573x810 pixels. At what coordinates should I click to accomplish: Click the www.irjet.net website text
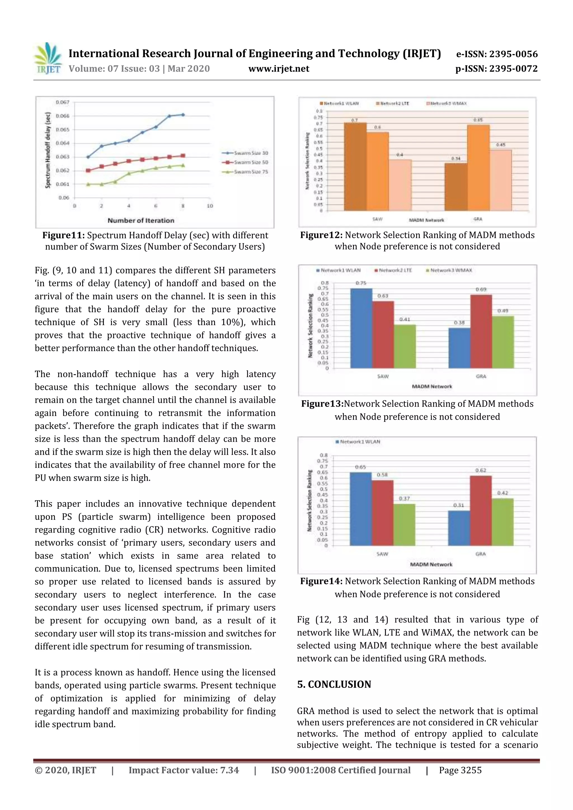pyautogui.click(x=279, y=69)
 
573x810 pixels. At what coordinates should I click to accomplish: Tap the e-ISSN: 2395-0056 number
pyautogui.click(x=497, y=54)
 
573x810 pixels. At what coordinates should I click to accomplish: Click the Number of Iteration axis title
pyautogui.click(x=141, y=221)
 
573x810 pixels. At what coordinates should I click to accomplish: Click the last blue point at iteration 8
pyautogui.click(x=183, y=115)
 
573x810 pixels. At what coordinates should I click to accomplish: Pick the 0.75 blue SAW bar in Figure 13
pyautogui.click(x=361, y=328)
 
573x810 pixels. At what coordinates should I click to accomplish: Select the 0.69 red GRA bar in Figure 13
pyautogui.click(x=481, y=332)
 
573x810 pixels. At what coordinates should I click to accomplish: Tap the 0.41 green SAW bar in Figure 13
pyautogui.click(x=405, y=346)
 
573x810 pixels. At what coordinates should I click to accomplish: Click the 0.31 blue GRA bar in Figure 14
pyautogui.click(x=459, y=528)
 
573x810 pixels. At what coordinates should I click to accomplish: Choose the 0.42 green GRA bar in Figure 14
pyautogui.click(x=502, y=522)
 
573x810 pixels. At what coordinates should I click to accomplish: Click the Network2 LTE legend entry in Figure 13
pyautogui.click(x=393, y=270)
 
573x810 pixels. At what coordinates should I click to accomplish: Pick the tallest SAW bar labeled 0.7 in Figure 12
pyautogui.click(x=355, y=167)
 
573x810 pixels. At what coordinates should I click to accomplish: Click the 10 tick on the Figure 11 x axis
pyautogui.click(x=210, y=206)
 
